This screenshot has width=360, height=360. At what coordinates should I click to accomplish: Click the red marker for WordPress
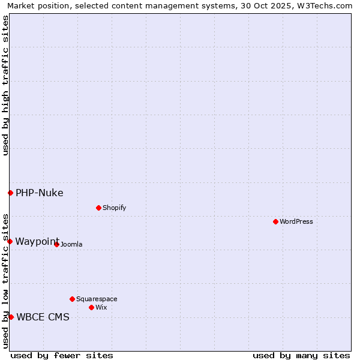[275, 221]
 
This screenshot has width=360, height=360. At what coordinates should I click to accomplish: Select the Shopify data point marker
[98, 208]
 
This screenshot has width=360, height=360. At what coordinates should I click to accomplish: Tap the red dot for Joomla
[56, 244]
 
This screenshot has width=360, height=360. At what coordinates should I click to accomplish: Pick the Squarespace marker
[72, 299]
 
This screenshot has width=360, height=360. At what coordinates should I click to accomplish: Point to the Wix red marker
[91, 307]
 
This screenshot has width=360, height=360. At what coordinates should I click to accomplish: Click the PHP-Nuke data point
[10, 193]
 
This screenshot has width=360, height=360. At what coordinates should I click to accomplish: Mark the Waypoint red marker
[10, 241]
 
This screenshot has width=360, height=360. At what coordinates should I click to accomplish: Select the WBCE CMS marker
[11, 317]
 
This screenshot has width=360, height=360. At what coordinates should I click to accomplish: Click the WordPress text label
[296, 221]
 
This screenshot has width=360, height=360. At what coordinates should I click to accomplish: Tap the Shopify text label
[115, 208]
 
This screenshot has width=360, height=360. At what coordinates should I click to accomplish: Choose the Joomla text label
[71, 244]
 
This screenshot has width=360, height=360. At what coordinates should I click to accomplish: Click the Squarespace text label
[97, 299]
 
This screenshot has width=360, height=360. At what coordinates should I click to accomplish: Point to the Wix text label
[101, 307]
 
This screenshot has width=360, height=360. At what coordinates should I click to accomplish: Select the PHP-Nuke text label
[40, 193]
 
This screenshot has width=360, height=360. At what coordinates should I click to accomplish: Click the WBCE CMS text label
[43, 317]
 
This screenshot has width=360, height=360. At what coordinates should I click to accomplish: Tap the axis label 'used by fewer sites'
[62, 355]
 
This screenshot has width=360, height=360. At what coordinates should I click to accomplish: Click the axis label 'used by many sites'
[301, 355]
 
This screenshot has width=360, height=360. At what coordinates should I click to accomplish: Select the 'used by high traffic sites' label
[5, 85]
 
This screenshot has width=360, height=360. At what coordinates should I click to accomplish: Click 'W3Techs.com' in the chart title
[326, 5]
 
